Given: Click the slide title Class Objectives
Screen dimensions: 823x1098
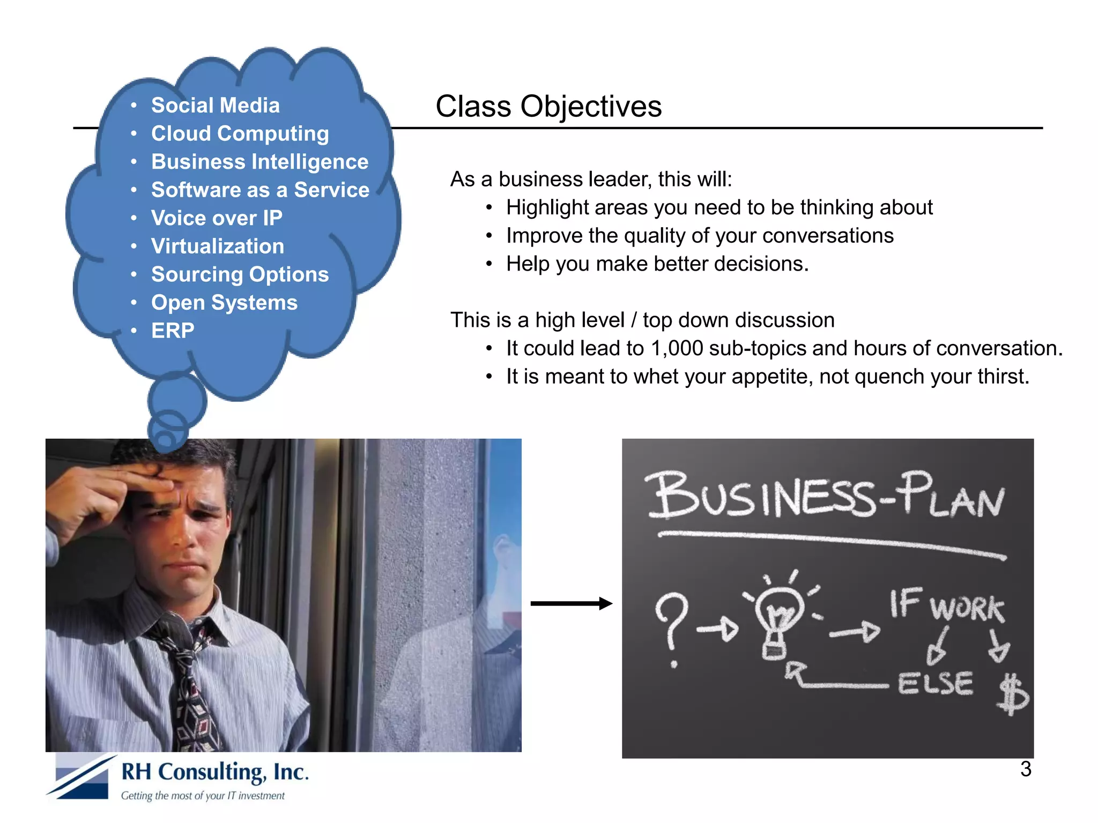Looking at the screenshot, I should coord(548,106).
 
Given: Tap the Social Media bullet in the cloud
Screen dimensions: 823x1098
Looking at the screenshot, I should coord(215,105).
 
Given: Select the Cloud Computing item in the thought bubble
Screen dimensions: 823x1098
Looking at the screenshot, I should coord(240,133).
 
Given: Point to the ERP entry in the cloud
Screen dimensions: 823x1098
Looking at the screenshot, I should coord(173,331).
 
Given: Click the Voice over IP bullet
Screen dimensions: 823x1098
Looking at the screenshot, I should coord(217,218).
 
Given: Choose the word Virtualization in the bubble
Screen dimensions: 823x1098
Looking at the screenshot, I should coord(217,246).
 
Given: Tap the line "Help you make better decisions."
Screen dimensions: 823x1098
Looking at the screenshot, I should coord(657,264).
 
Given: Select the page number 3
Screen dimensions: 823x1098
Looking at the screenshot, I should coord(1025,769).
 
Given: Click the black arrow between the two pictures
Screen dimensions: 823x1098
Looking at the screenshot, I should coord(571,603).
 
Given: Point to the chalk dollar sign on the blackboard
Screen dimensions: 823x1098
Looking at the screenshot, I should coord(1012,694).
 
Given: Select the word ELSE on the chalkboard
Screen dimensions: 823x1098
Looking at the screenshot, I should coord(935,683).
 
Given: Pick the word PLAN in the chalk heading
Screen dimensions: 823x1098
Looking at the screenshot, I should coord(952,496).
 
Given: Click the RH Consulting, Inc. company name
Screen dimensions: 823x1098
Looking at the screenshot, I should coord(215,772).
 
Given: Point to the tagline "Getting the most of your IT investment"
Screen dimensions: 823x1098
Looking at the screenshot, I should coord(203,796).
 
